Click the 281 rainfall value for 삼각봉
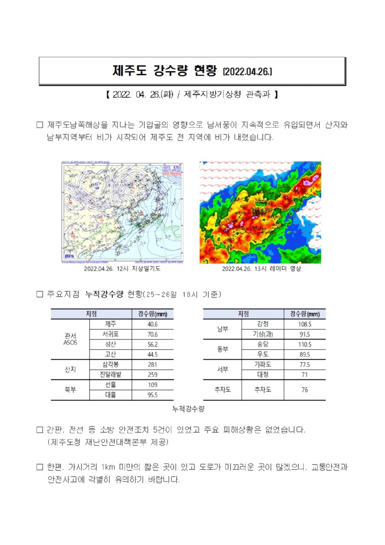[153, 364]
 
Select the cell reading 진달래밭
[110, 375]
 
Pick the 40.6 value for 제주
[153, 324]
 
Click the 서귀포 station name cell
[110, 334]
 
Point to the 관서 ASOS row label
[70, 339]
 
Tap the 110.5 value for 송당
[305, 344]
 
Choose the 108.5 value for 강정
[305, 324]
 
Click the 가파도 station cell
[262, 364]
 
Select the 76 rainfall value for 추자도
[305, 390]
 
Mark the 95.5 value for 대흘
[153, 395]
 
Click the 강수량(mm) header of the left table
[153, 314]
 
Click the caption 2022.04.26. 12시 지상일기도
[122, 269]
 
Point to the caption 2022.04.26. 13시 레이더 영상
[261, 269]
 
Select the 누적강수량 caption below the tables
[189, 409]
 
